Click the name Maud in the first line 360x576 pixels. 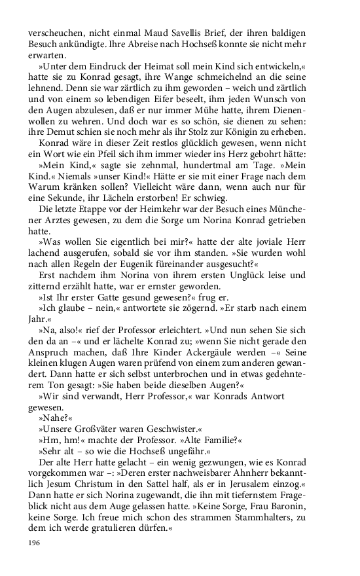158,33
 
